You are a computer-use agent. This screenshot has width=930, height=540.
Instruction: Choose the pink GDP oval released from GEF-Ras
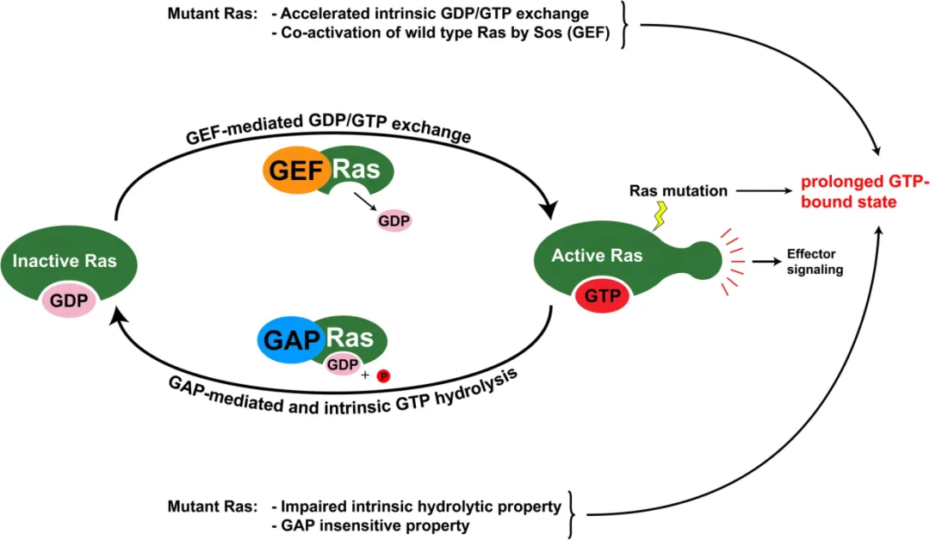coord(395,220)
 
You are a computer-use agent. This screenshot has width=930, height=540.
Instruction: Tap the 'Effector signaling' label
coord(814,262)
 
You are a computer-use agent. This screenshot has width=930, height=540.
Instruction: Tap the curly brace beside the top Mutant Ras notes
coord(623,26)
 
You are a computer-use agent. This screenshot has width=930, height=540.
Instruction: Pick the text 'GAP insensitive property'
coord(369,524)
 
